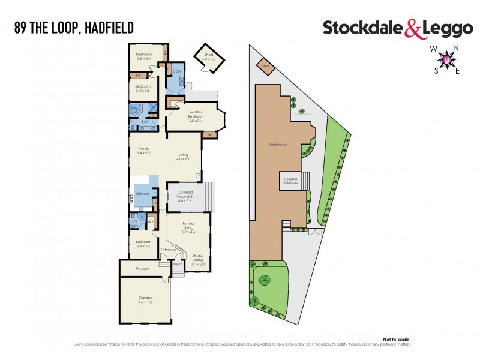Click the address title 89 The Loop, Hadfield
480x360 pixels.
[74, 27]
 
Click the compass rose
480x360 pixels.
[446, 59]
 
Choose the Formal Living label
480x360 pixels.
[188, 226]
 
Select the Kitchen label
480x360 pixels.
[142, 194]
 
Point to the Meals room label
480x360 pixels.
[143, 151]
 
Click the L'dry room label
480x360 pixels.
[177, 72]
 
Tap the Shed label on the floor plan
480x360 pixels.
[208, 57]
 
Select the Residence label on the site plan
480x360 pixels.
[277, 145]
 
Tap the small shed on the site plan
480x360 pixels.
[264, 66]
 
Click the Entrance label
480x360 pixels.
[168, 250]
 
